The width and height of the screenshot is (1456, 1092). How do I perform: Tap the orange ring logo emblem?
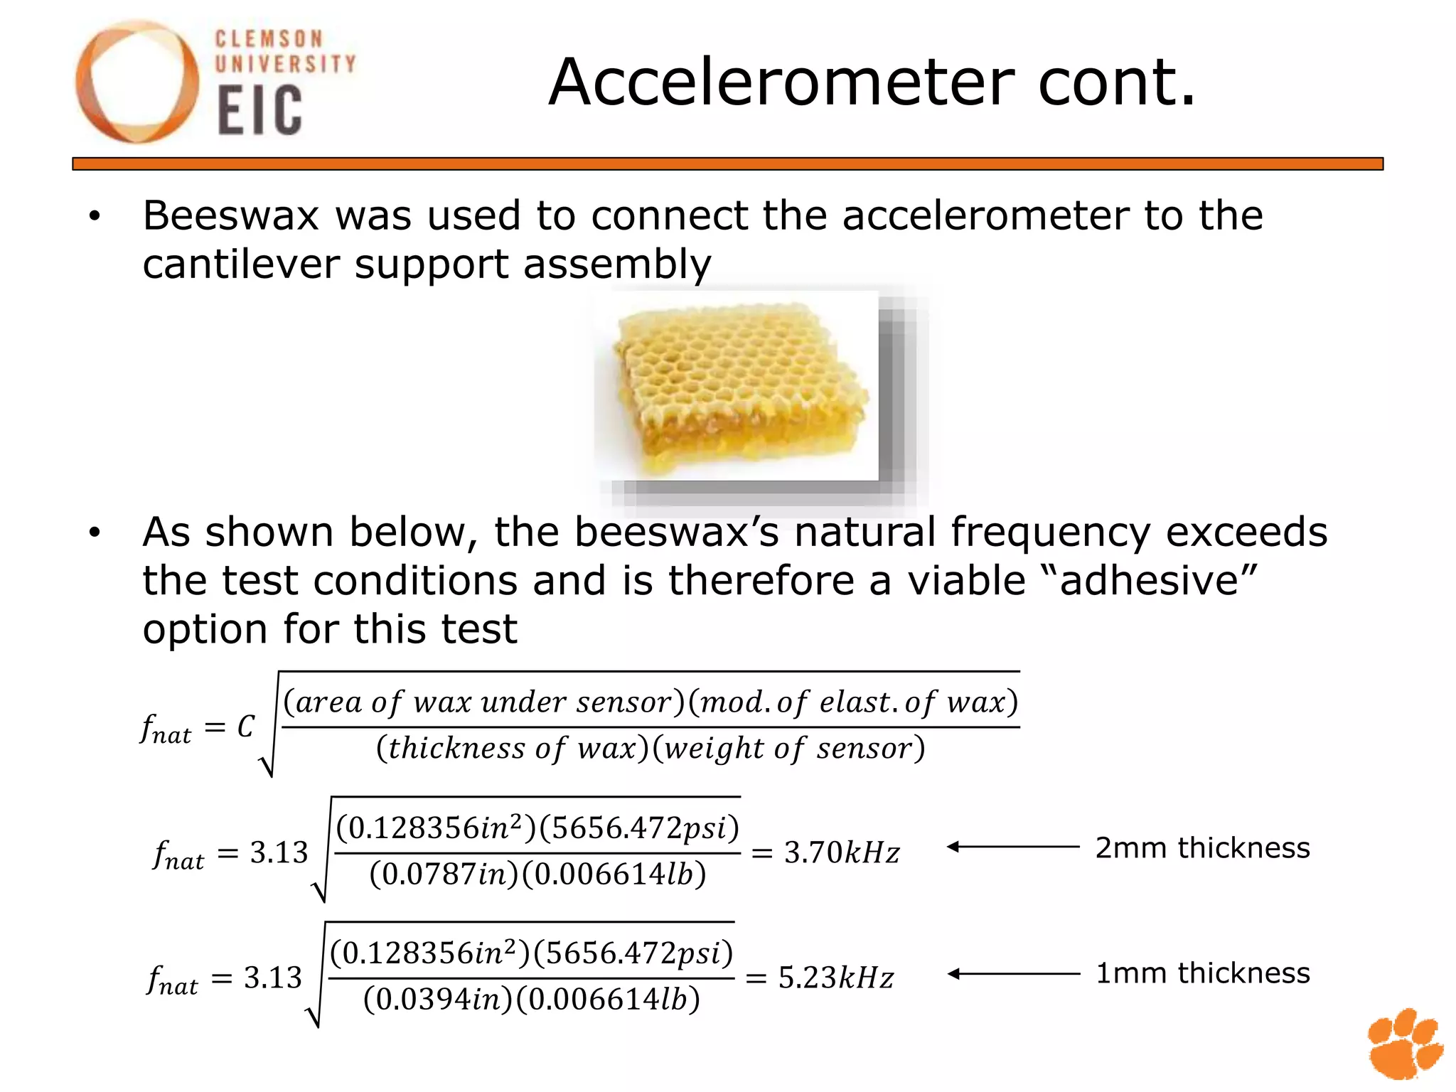(137, 81)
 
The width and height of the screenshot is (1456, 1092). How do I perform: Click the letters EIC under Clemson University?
(259, 110)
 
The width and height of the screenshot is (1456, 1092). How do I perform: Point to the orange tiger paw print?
(1404, 1042)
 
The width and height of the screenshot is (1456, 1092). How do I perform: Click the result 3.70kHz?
(842, 852)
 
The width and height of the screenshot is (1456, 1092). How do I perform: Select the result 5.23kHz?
(836, 978)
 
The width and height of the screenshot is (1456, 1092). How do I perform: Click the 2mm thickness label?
(1202, 848)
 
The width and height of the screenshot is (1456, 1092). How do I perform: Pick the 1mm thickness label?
(1202, 973)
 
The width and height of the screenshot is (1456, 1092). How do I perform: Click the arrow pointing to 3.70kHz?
(1013, 847)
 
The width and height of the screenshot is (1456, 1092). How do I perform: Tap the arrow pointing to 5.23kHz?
(1013, 974)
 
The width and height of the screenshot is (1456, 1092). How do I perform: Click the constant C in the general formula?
(245, 727)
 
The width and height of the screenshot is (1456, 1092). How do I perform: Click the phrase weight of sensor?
(789, 749)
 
